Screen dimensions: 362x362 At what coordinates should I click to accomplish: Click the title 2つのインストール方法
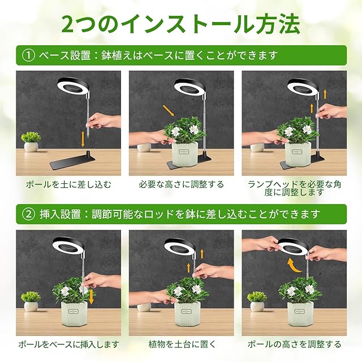[x=181, y=24]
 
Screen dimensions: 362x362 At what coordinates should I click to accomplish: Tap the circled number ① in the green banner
[x=28, y=55]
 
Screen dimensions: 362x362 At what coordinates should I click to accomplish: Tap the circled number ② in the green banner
[x=28, y=214]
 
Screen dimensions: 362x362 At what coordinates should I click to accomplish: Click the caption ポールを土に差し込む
[x=68, y=184]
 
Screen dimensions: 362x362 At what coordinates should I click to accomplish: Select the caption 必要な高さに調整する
[x=181, y=184]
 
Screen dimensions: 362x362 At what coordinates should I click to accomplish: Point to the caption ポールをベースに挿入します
[x=68, y=344]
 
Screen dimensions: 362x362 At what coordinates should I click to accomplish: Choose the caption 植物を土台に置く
[x=182, y=344]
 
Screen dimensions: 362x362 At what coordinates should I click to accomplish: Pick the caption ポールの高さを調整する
[x=294, y=344]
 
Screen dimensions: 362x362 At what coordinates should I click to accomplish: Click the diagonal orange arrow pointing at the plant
[x=169, y=111]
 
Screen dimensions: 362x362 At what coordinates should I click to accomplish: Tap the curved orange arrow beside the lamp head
[x=293, y=265]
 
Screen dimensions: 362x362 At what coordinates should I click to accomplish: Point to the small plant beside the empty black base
[x=31, y=141]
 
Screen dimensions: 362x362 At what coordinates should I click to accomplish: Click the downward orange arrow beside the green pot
[x=92, y=296]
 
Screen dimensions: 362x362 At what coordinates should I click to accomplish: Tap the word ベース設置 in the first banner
[x=65, y=55]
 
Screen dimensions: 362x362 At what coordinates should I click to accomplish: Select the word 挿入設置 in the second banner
[x=60, y=214]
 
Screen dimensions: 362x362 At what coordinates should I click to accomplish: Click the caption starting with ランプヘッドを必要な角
[x=294, y=188]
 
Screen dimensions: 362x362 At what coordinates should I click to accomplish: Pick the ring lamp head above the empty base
[x=73, y=85]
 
